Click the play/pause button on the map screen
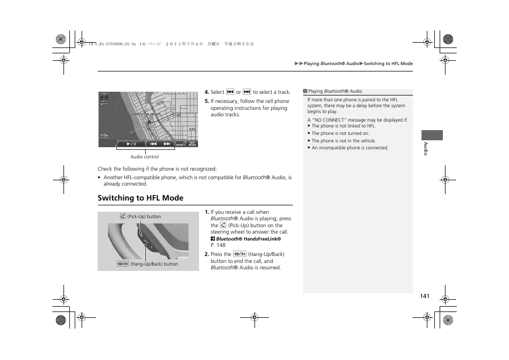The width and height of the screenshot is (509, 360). (x=131, y=143)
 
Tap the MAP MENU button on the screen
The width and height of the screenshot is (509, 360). (x=192, y=143)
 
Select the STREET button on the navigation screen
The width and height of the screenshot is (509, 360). (x=180, y=143)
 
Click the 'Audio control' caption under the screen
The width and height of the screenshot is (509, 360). (x=145, y=157)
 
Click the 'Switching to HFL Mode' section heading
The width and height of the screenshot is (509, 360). (x=140, y=198)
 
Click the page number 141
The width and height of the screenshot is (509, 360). (x=424, y=296)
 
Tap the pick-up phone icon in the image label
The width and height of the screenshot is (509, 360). (x=123, y=217)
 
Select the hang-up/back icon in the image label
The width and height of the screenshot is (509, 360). (x=123, y=264)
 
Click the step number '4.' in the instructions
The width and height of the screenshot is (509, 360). (x=207, y=92)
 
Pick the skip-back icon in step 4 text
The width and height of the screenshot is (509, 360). (x=230, y=92)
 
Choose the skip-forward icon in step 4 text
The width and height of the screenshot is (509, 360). (x=246, y=92)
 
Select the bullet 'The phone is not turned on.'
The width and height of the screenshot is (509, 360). (x=340, y=133)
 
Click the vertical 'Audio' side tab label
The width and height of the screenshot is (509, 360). (x=426, y=149)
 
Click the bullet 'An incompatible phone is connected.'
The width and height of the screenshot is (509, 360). (x=350, y=148)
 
